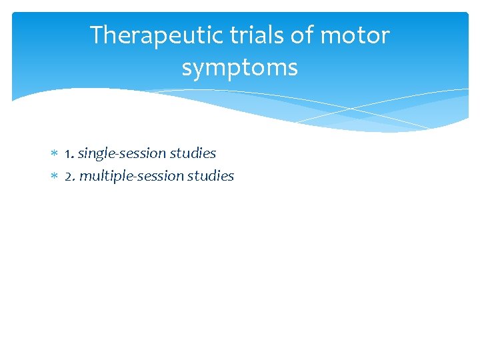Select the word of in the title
click(303, 35)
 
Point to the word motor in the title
click(357, 35)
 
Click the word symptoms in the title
click(239, 68)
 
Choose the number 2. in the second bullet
click(70, 176)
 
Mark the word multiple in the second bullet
click(104, 176)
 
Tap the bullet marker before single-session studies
click(55, 154)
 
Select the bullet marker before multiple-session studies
click(55, 177)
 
